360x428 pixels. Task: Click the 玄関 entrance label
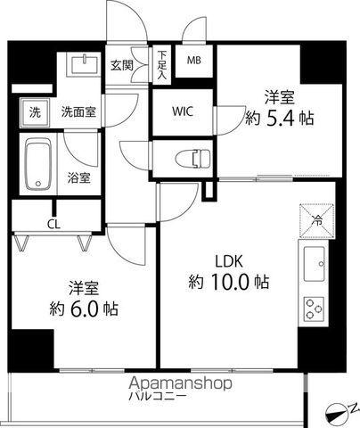(121, 64)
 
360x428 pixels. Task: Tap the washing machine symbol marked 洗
(35, 112)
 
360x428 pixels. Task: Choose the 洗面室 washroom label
(78, 112)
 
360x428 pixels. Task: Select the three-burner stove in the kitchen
(315, 308)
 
